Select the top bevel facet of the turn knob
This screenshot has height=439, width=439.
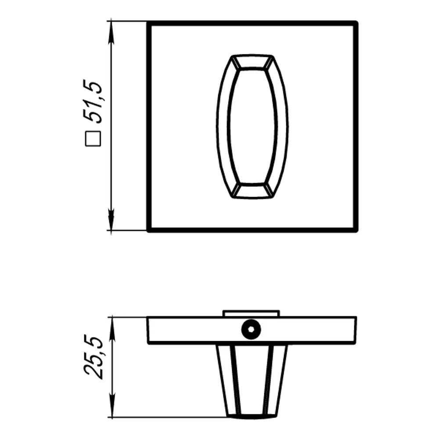pyautogui.click(x=252, y=62)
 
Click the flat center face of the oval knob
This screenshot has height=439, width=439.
pyautogui.click(x=252, y=126)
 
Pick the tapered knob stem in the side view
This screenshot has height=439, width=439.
pyautogui.click(x=252, y=378)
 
